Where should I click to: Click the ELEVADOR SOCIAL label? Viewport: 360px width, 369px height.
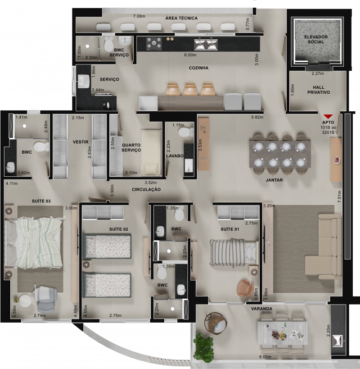point(316,40)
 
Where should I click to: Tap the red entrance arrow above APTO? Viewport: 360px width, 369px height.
point(328,117)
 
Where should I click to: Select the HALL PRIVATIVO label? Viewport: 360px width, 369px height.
point(319,90)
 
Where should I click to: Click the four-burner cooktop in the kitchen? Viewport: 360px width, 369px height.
point(154,44)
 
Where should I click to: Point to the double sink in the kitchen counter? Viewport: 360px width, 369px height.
point(206,44)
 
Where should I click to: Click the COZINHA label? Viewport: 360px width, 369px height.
point(198,68)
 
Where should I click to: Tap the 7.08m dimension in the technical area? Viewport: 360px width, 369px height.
point(139,16)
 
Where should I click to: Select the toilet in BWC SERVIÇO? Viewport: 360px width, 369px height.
point(108,44)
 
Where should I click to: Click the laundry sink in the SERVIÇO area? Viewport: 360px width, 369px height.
point(83,81)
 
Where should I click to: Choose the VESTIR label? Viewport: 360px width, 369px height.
point(81,142)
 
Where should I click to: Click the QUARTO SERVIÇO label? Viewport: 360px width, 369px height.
point(131,147)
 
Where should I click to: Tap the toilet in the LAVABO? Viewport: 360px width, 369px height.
point(186,132)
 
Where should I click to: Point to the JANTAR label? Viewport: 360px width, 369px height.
point(274,180)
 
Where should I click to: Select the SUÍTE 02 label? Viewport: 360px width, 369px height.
point(119,229)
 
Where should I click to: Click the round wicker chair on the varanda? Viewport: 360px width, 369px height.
point(216,323)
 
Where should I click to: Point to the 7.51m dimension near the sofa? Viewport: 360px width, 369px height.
point(339,196)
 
